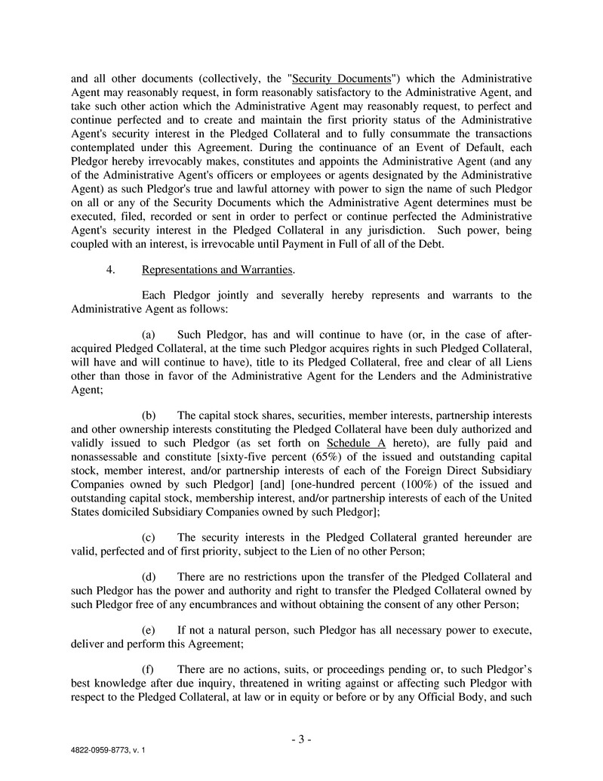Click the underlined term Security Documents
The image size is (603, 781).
340,79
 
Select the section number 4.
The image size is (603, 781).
111,270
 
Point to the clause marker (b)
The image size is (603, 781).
149,416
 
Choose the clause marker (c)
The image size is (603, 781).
149,537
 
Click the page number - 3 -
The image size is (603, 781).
301,739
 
